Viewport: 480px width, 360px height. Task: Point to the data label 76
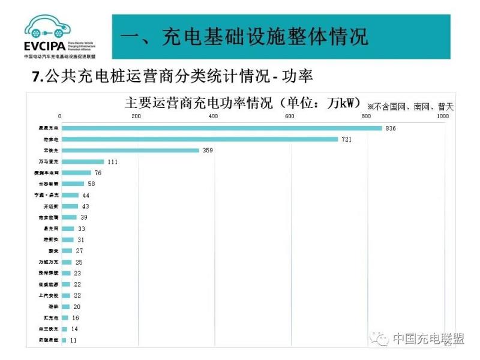[x=98, y=173]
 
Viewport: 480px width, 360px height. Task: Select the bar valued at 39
[x=68, y=217]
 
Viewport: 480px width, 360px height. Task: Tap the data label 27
[x=79, y=251]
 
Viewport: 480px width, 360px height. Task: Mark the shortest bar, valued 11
[x=63, y=340]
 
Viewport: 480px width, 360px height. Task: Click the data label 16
[x=75, y=318]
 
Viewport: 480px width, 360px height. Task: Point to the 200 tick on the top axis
[x=136, y=116]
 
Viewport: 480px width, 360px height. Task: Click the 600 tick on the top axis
[x=290, y=116]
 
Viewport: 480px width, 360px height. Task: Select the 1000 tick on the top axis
[x=442, y=116]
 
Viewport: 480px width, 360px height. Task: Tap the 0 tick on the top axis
[x=60, y=116]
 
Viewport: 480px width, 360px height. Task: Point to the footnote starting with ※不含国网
[x=410, y=107]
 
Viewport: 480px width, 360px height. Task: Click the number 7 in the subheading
[x=35, y=77]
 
